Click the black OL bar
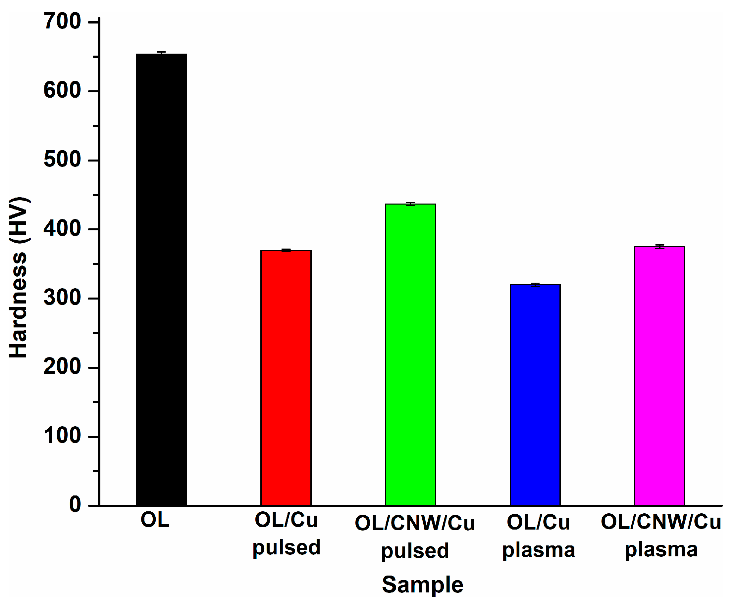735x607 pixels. (161, 280)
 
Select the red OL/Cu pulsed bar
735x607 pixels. (286, 378)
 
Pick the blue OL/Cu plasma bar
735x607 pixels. (535, 395)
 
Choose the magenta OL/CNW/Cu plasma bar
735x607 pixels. (659, 376)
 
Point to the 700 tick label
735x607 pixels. (62, 22)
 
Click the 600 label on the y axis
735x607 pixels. (62, 91)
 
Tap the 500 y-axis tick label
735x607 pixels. (62, 160)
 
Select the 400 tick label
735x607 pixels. (62, 229)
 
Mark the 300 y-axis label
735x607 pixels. (62, 298)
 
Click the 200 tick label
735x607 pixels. (62, 367)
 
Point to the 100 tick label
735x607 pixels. (62, 436)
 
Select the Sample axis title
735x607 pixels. (422, 584)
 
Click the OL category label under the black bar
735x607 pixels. (155, 520)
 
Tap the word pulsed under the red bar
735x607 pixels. (286, 547)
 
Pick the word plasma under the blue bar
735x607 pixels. (538, 550)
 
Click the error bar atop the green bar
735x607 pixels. (410, 204)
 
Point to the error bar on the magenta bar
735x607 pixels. (659, 247)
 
